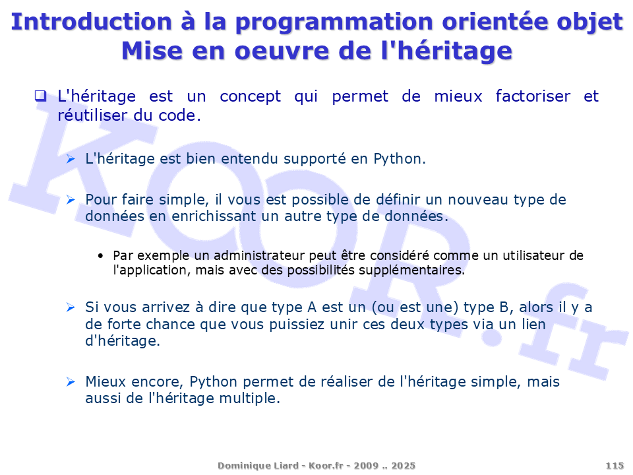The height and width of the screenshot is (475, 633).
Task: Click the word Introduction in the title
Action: [x=91, y=22]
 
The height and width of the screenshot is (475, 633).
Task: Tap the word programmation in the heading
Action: [x=334, y=24]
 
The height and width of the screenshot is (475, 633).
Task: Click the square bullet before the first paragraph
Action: [x=40, y=96]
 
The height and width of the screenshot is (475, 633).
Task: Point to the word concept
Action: [x=251, y=97]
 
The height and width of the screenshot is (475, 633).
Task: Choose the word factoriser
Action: [x=533, y=96]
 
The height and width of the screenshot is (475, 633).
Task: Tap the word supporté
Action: [x=315, y=159]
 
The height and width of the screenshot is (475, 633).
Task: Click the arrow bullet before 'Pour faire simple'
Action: [x=71, y=199]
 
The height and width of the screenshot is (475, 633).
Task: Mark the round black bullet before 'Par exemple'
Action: [x=100, y=256]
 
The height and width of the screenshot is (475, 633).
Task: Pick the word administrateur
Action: [x=259, y=256]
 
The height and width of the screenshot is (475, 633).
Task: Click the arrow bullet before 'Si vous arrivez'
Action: [x=71, y=307]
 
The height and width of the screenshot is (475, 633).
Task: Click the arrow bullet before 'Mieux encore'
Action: [x=71, y=382]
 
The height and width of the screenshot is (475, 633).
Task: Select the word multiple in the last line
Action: [x=249, y=398]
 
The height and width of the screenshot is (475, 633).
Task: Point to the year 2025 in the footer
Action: [x=404, y=466]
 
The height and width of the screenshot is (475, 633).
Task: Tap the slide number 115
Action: [x=615, y=466]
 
